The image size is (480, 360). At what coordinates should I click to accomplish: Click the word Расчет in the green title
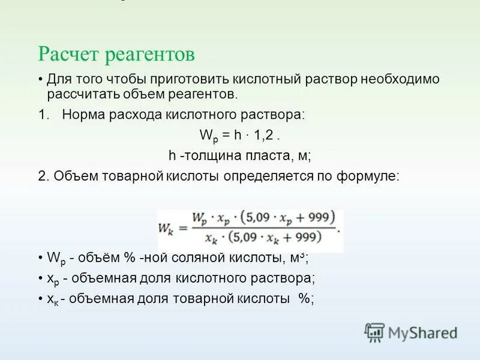69,55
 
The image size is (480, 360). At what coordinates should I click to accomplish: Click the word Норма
83,115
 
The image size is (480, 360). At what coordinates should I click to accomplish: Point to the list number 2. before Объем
43,176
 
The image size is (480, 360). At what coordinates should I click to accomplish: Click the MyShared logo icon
374,332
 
